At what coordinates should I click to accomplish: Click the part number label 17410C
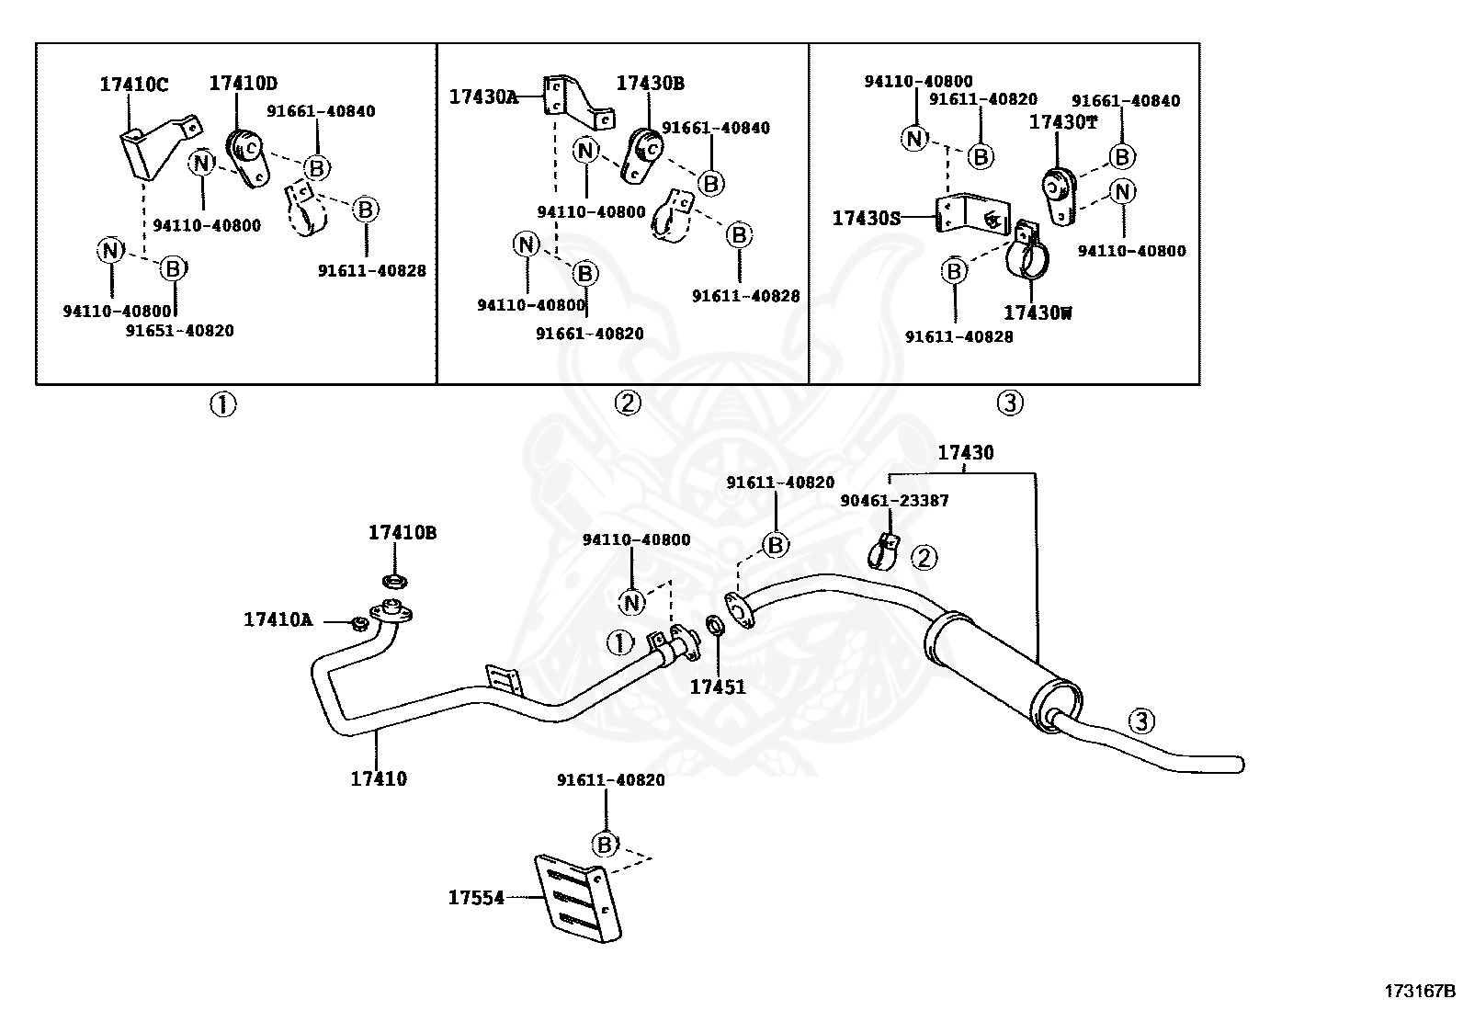click(133, 85)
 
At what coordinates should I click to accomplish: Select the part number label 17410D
click(243, 83)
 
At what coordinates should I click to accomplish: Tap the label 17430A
click(483, 96)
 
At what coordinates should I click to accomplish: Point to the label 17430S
click(866, 218)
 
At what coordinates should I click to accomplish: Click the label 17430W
click(1038, 313)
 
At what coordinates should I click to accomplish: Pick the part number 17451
click(718, 687)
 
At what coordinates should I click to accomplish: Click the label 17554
click(476, 898)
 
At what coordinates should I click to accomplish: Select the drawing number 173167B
click(1420, 991)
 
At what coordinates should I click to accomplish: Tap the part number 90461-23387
click(894, 501)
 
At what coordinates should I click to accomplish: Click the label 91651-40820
click(179, 331)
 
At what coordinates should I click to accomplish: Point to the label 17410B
click(403, 532)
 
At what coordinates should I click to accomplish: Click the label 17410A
click(278, 619)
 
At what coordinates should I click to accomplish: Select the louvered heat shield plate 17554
click(577, 898)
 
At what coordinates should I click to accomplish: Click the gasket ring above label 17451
click(715, 625)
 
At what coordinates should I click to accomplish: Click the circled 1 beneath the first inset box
click(222, 404)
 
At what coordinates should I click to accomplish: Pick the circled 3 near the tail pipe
click(1141, 721)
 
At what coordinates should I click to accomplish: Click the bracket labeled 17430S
click(972, 212)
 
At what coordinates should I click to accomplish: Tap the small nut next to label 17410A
click(357, 623)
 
